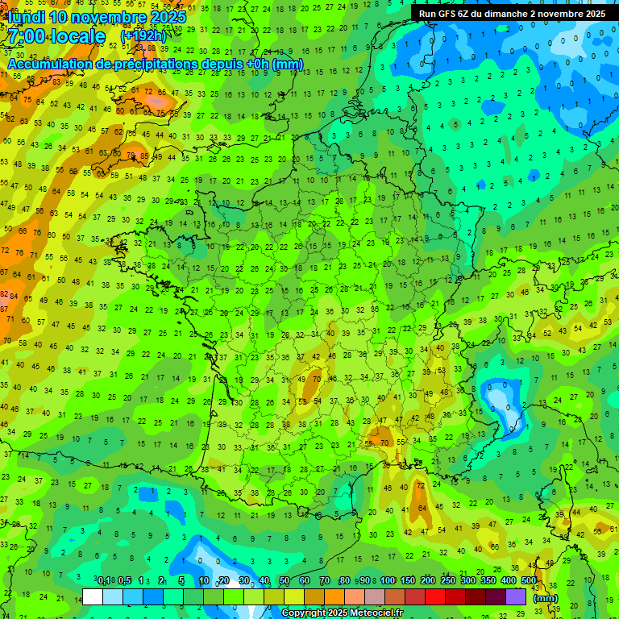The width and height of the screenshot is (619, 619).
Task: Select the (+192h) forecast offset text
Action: tap(143, 36)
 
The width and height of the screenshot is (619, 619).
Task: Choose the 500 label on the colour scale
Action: tap(529, 580)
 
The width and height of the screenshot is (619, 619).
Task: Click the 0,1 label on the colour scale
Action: tap(104, 580)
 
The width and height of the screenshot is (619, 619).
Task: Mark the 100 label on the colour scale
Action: tap(388, 580)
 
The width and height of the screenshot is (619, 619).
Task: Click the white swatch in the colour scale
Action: tap(93, 596)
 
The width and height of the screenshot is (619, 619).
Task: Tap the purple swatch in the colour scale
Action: tap(516, 596)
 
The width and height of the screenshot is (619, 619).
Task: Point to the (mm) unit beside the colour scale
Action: tap(546, 598)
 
